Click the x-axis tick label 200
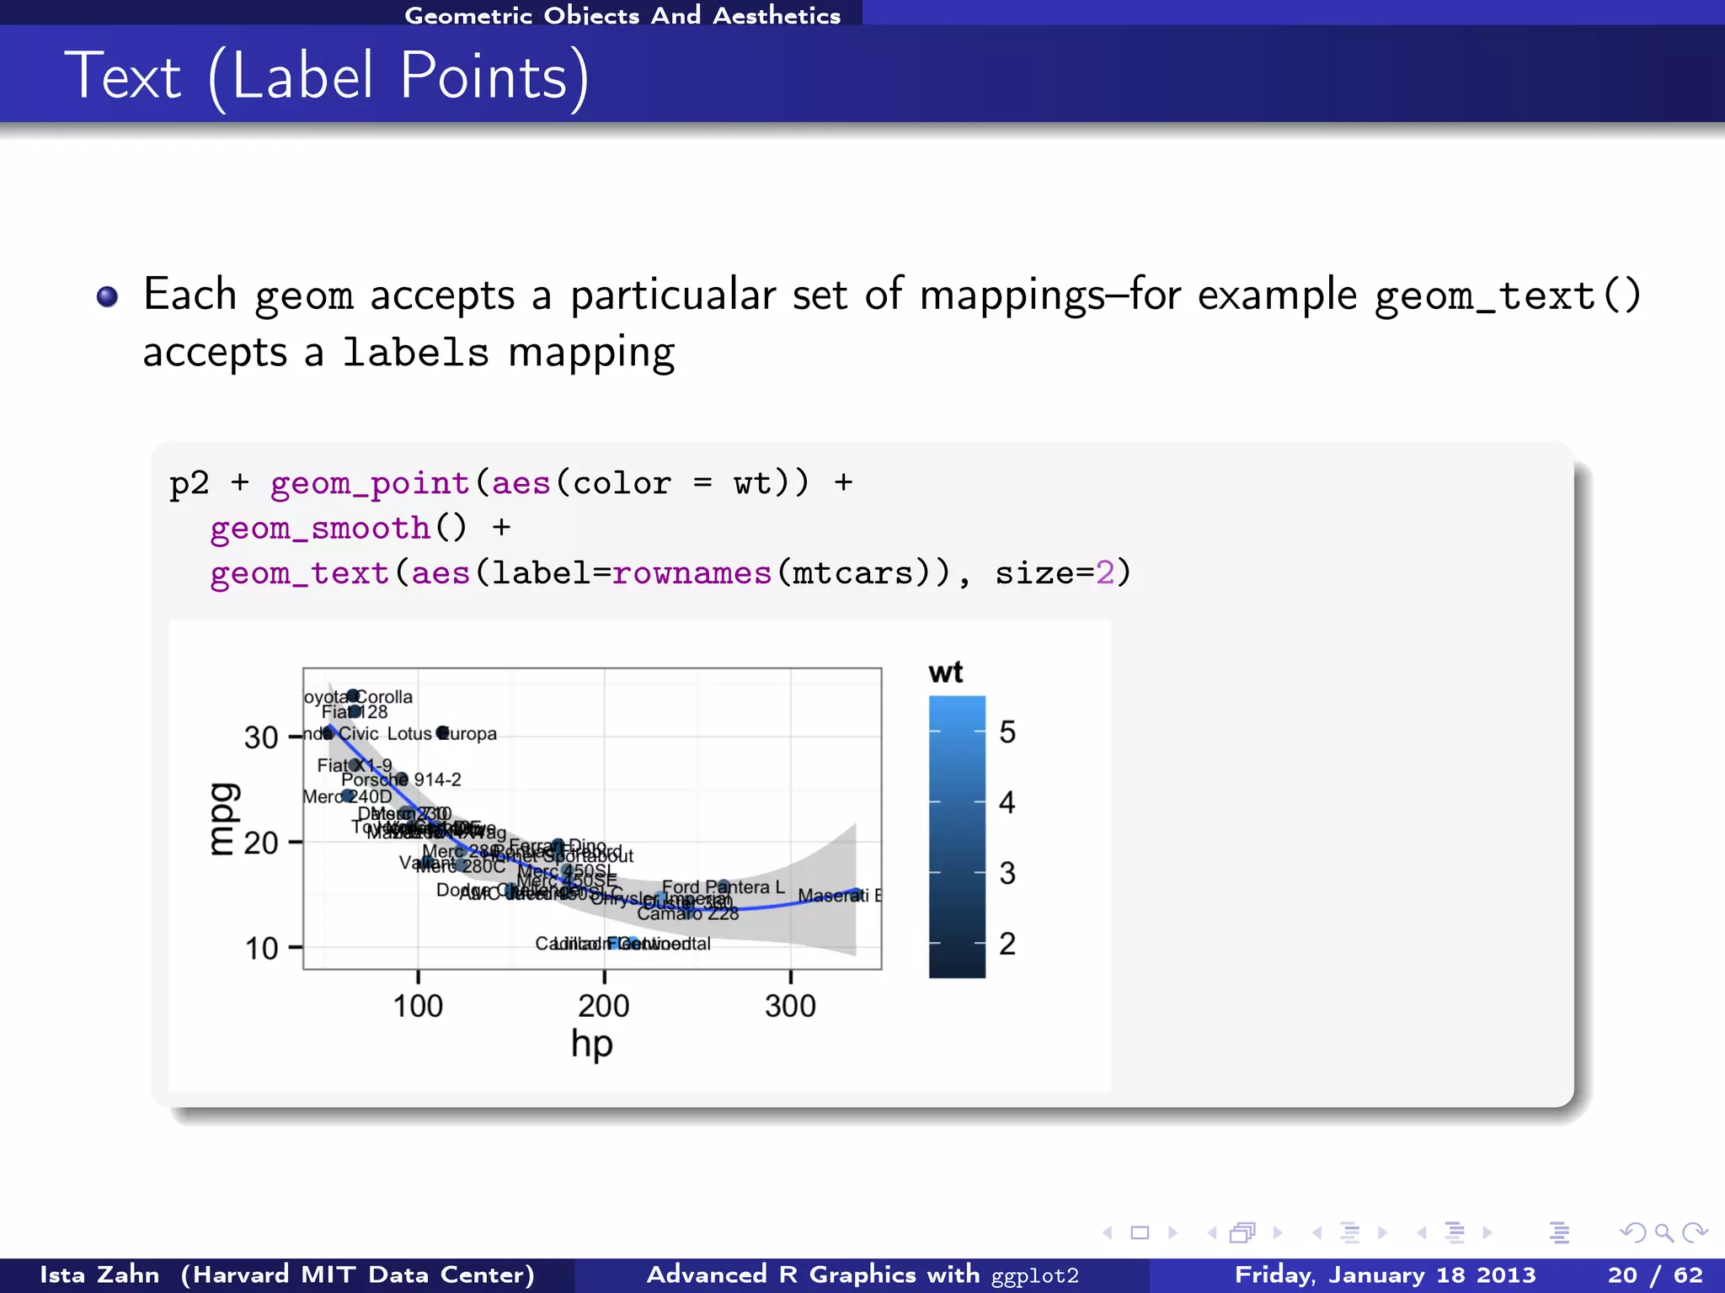click(x=603, y=1006)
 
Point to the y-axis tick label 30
click(x=261, y=737)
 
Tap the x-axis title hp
click(x=591, y=1045)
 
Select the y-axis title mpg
click(x=224, y=818)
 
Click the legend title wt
click(x=945, y=673)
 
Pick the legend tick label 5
click(x=1007, y=732)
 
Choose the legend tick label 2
click(x=1007, y=944)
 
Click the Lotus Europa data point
click(x=442, y=732)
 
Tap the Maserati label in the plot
click(x=834, y=896)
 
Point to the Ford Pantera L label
click(x=723, y=887)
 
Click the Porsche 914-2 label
click(x=401, y=780)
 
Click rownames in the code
click(x=691, y=573)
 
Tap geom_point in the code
click(x=369, y=483)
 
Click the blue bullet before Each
click(x=107, y=296)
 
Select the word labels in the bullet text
click(x=415, y=352)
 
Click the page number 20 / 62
click(x=1654, y=1274)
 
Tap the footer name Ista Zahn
click(x=99, y=1274)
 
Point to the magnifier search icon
click(x=1664, y=1233)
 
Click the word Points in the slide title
click(x=484, y=77)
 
